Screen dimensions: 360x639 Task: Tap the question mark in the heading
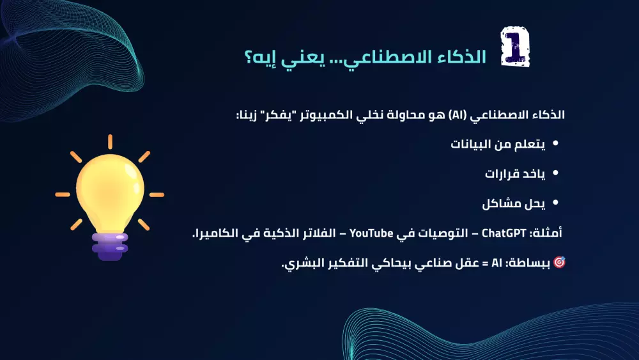pyautogui.click(x=249, y=57)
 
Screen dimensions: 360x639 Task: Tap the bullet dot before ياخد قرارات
pyautogui.click(x=555, y=174)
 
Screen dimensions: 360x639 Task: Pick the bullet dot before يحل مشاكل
pyautogui.click(x=555, y=203)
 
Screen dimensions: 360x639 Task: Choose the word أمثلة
pyautogui.click(x=547, y=234)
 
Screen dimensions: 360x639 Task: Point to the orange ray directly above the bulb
pyautogui.click(x=110, y=142)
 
